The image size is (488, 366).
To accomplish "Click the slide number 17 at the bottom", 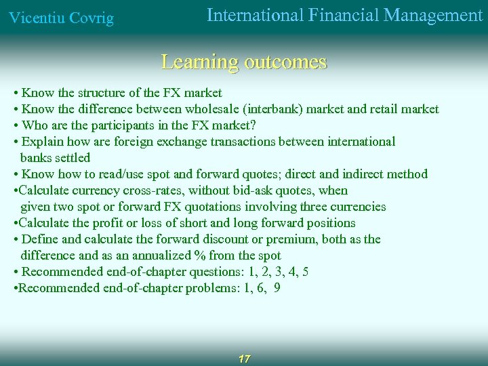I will pyautogui.click(x=245, y=359).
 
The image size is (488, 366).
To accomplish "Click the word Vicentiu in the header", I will pyautogui.click(x=34, y=18).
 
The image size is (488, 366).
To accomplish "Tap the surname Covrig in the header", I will pyautogui.click(x=89, y=18).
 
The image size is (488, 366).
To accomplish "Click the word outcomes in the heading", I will pyautogui.click(x=285, y=62).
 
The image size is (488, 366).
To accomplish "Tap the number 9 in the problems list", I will pyautogui.click(x=277, y=288).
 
